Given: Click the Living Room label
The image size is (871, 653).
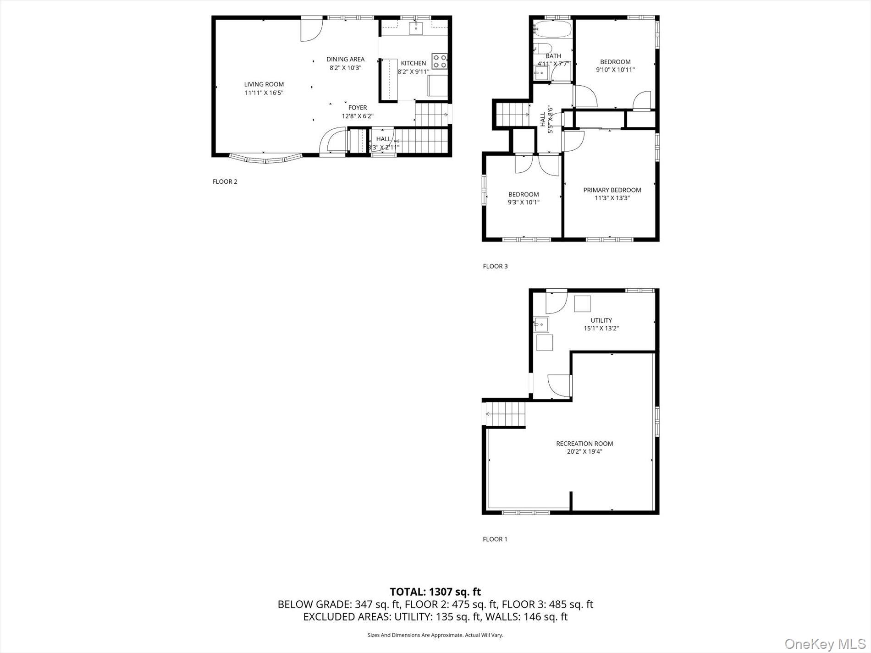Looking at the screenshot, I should click(x=264, y=84).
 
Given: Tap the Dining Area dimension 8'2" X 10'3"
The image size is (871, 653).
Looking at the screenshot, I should click(x=345, y=67).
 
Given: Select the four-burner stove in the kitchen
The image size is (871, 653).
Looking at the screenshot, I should click(x=439, y=61).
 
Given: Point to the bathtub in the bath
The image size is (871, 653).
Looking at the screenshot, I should click(x=552, y=30).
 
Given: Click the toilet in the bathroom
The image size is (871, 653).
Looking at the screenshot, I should click(x=544, y=48).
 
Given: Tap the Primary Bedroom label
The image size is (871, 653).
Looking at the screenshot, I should click(x=612, y=190).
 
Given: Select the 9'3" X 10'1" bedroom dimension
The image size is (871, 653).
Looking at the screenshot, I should click(x=523, y=202).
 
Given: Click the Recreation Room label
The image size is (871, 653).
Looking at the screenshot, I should click(x=584, y=444).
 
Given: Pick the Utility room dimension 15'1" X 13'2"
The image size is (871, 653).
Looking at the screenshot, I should click(x=601, y=329).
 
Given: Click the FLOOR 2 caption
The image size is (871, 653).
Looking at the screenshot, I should click(x=225, y=181).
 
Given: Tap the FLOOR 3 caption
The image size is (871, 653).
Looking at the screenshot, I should click(x=495, y=266).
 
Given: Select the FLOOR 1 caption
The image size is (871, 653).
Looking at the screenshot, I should click(x=495, y=539).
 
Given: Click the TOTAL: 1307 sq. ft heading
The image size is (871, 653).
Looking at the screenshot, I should click(x=435, y=592).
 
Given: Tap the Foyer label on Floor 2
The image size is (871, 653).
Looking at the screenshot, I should click(x=358, y=108).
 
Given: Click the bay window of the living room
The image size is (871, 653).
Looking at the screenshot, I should click(x=266, y=159).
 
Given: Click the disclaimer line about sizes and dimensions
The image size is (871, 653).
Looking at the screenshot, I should click(x=435, y=635).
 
